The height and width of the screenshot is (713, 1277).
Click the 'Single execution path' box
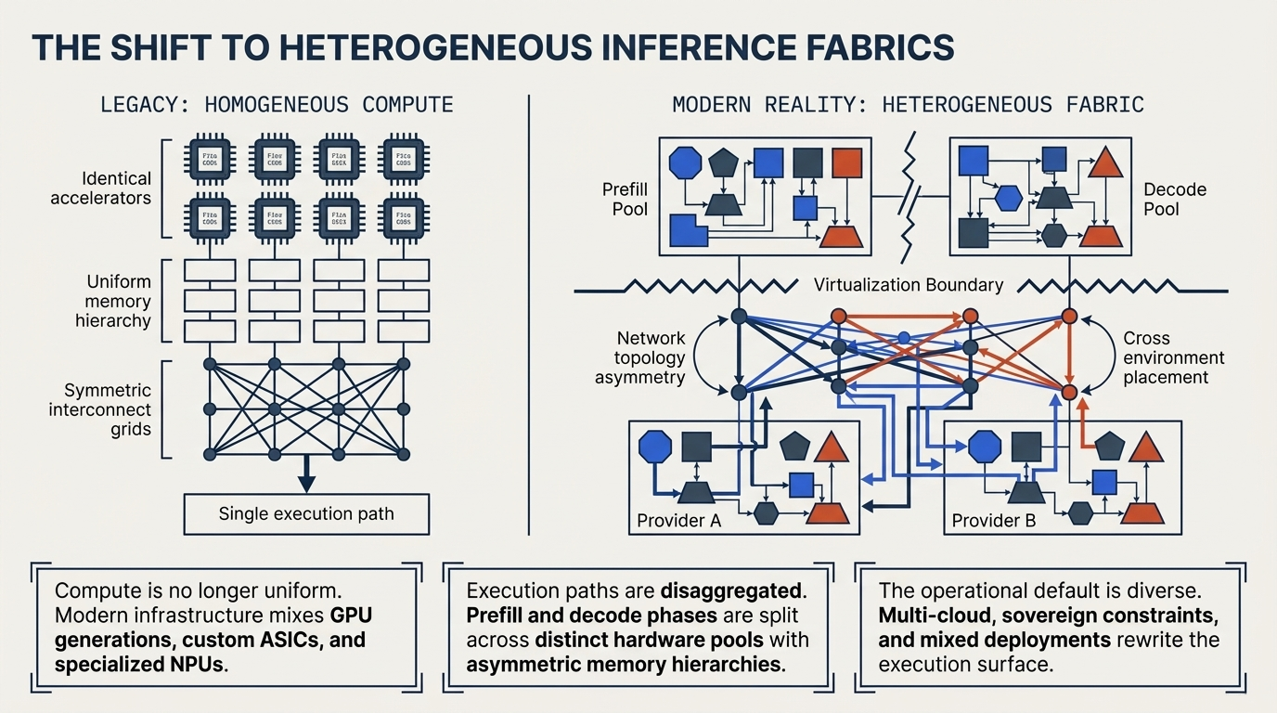(306, 513)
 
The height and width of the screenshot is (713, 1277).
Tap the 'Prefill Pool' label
(630, 199)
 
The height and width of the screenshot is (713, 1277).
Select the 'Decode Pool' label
(1175, 199)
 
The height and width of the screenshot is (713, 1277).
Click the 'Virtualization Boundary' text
(909, 285)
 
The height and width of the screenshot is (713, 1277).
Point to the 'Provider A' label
(678, 520)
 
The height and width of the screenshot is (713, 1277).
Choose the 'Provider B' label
(994, 520)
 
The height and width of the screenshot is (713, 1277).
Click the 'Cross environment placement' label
(1173, 357)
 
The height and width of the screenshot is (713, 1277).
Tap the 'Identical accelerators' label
(101, 188)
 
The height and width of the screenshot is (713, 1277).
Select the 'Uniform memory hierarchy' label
(112, 301)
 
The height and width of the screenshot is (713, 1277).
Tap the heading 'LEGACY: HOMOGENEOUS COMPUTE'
(277, 104)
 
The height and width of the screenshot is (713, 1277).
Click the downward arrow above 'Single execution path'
(306, 480)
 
